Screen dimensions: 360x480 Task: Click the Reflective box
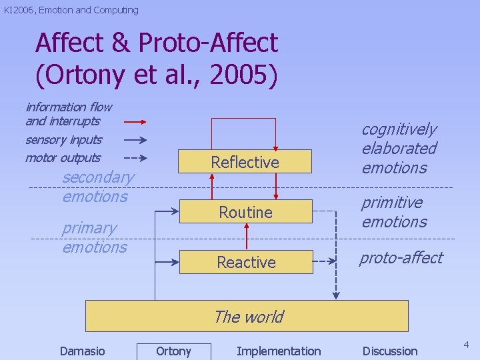[x=245, y=162]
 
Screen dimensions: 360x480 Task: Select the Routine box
[x=245, y=212]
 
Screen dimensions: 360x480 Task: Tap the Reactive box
[x=246, y=262]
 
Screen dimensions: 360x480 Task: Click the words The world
[x=248, y=317]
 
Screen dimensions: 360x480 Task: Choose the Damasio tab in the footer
[x=82, y=351]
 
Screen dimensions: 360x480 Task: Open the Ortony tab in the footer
[x=173, y=351]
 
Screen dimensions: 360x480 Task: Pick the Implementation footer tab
[x=279, y=351]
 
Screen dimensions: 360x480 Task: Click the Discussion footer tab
[x=390, y=351]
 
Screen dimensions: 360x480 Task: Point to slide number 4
[x=467, y=345]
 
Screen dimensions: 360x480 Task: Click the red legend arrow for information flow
[x=135, y=122]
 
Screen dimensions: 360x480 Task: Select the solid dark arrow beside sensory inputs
[x=135, y=140]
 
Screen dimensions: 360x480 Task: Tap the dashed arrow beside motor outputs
[x=135, y=158]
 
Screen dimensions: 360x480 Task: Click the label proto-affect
[x=401, y=258]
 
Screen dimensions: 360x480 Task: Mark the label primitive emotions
[x=394, y=211]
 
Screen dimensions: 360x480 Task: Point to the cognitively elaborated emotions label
[x=399, y=148]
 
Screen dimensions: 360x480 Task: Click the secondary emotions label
[x=97, y=187]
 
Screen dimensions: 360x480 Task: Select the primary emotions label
[x=94, y=237]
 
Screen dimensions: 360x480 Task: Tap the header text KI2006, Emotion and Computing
[x=71, y=10]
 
